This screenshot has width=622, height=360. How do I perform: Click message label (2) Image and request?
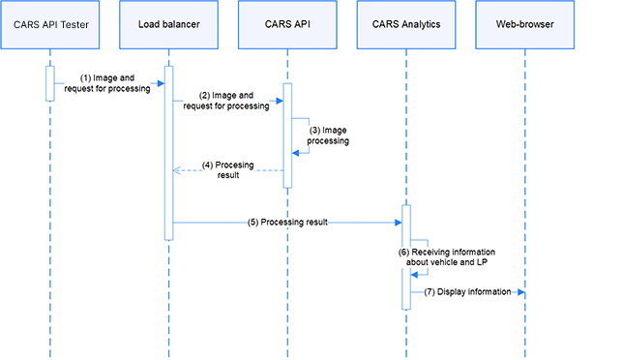[226, 101]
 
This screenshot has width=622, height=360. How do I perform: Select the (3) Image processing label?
[328, 135]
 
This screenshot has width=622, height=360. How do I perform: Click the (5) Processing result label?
[287, 222]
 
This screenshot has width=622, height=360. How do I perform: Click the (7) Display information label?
[467, 290]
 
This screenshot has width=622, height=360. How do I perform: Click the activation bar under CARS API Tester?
[50, 83]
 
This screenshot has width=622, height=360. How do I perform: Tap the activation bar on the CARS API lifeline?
[287, 135]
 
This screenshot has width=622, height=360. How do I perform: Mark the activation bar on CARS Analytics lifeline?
[406, 256]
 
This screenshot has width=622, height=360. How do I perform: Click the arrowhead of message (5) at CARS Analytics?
[398, 222]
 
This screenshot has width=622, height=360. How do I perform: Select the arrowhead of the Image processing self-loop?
[296, 152]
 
